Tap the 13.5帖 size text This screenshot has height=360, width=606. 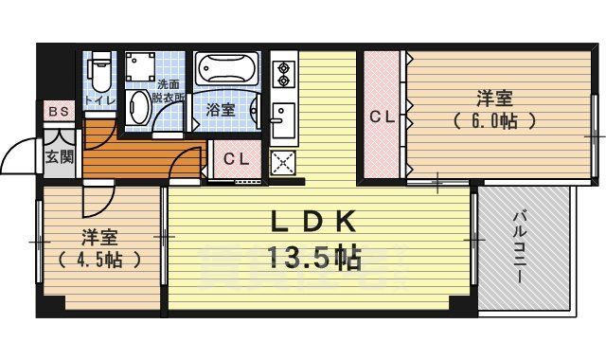tap(315, 258)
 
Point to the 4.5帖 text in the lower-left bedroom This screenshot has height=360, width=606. tap(98, 259)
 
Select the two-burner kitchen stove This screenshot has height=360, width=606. tap(283, 73)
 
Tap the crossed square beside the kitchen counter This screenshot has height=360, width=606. tap(282, 162)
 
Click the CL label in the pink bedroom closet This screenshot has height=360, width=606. tap(381, 117)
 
